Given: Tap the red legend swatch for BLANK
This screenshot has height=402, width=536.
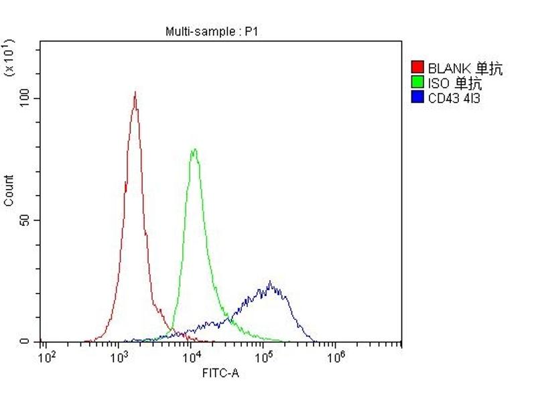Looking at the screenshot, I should click(417, 67).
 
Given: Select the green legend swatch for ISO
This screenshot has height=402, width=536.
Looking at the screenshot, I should click(417, 82).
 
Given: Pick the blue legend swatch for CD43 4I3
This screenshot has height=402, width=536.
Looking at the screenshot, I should click(417, 97).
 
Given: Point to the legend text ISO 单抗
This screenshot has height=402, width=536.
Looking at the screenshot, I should click(455, 83).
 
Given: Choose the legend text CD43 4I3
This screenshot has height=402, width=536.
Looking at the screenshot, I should click(454, 98).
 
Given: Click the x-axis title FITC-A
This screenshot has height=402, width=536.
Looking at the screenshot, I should click(220, 373).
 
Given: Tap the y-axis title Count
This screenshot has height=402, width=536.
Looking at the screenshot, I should click(9, 190).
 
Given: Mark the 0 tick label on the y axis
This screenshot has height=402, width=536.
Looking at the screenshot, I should click(25, 342).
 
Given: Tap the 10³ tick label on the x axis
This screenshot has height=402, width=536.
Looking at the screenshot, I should click(119, 356).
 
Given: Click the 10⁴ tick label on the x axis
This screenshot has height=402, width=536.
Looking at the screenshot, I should click(192, 356).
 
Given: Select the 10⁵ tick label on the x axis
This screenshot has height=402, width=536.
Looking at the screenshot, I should click(264, 356).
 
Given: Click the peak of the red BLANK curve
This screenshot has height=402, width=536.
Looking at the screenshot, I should click(135, 92).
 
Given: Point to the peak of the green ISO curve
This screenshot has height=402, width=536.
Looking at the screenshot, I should click(194, 149).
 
